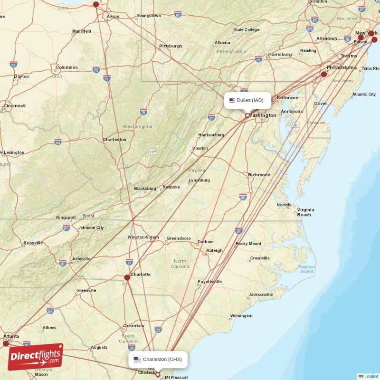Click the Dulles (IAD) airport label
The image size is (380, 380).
pyautogui.click(x=247, y=100)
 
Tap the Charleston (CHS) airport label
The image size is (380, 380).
pyautogui.click(x=158, y=359)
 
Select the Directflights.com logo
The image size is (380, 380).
pyautogui.click(x=35, y=357)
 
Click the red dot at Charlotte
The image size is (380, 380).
pyautogui.click(x=127, y=277)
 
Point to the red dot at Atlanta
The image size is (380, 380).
pyautogui.click(x=6, y=343)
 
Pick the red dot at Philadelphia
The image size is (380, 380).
pyautogui.click(x=324, y=74)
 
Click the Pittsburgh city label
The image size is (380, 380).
pyautogui.click(x=171, y=46)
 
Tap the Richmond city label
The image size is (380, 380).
pyautogui.click(x=259, y=175)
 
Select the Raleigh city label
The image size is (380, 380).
pyautogui.click(x=214, y=250)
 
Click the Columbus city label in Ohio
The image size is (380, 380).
pyautogui.click(x=66, y=67)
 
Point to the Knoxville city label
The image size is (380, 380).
pyautogui.click(x=33, y=243)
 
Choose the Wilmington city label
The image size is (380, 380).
pyautogui.click(x=241, y=316)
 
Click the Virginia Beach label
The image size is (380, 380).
pyautogui.click(x=304, y=212)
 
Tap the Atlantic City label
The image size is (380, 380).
pyautogui.click(x=364, y=95)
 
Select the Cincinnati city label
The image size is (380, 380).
pyautogui.click(x=14, y=105)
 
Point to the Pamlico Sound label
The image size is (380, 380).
pyautogui.click(x=306, y=269)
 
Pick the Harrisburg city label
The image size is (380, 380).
pyautogui.click(x=280, y=54)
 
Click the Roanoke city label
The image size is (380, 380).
pyautogui.click(x=171, y=187)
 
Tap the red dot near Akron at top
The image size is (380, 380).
pyautogui.click(x=96, y=4)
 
